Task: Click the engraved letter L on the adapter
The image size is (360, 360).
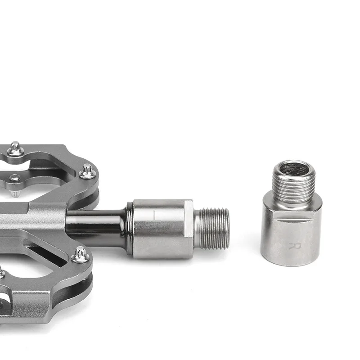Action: [x=157, y=216]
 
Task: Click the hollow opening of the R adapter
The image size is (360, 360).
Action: [x=294, y=171]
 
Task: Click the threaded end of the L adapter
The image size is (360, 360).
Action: [x=212, y=229]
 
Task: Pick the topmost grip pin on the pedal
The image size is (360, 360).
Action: [x=16, y=148]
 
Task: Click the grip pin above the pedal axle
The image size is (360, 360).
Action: [x=87, y=171]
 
